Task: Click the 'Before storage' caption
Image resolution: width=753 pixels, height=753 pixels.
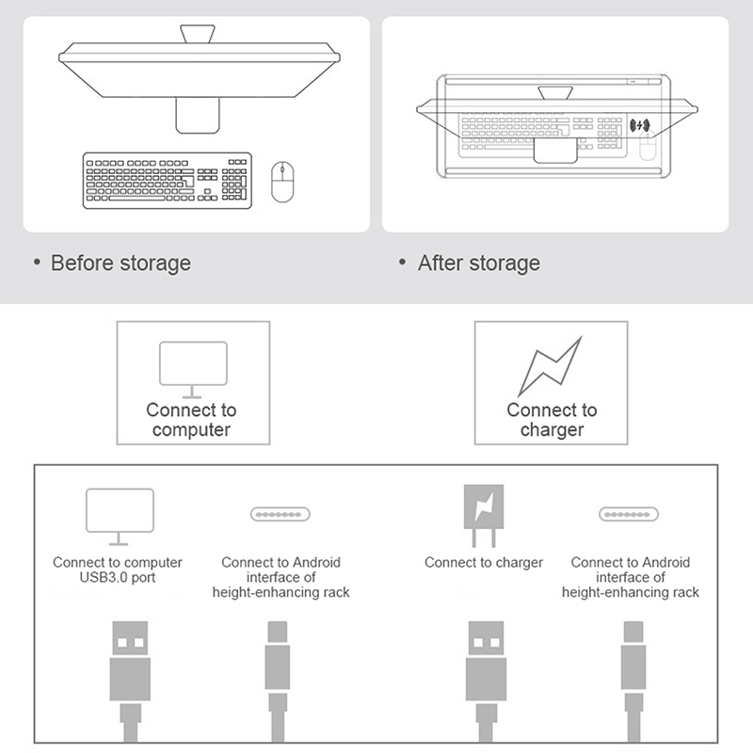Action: (x=120, y=264)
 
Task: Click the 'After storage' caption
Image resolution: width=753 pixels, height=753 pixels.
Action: (x=479, y=264)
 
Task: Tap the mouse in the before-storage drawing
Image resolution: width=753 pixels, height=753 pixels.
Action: (x=282, y=182)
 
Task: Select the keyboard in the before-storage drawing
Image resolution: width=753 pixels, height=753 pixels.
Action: (x=168, y=181)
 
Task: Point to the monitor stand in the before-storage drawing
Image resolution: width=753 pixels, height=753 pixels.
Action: (x=198, y=115)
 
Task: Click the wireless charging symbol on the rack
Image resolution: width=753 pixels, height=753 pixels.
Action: (x=640, y=126)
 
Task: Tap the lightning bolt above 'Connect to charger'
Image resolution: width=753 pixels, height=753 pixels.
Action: (x=551, y=366)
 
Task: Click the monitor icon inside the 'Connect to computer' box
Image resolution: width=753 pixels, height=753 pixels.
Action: (x=193, y=370)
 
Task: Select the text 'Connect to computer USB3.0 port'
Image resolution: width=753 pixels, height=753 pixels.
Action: (x=117, y=569)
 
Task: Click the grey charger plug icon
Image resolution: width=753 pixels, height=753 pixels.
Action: (x=484, y=516)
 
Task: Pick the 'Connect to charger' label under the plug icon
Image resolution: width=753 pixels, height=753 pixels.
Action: (x=484, y=562)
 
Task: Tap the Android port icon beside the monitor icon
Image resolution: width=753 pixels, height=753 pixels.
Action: (x=280, y=514)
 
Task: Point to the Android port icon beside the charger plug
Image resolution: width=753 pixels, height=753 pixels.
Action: (x=628, y=514)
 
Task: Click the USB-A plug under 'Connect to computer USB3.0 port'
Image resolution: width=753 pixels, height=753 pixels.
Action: (x=130, y=681)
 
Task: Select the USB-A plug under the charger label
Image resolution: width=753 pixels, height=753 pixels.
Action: (x=486, y=681)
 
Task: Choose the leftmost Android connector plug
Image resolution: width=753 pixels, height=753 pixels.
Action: (x=278, y=681)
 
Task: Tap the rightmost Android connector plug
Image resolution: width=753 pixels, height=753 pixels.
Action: (x=633, y=681)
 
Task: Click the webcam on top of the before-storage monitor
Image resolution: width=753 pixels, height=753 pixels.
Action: (x=198, y=34)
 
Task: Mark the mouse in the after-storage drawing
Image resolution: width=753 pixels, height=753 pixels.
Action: (x=648, y=146)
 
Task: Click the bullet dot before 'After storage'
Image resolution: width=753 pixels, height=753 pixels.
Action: (x=403, y=263)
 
